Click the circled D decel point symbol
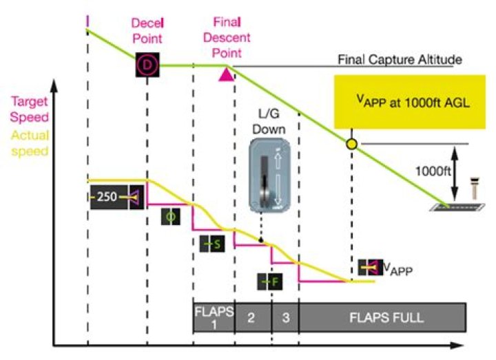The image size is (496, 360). [x=147, y=65]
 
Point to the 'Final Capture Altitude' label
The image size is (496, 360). [x=400, y=60]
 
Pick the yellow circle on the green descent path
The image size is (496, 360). [x=352, y=145]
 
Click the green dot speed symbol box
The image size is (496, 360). [x=170, y=218]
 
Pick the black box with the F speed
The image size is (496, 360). [x=271, y=281]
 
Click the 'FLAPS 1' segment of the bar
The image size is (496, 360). [x=214, y=318]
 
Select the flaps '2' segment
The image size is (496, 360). [x=252, y=318]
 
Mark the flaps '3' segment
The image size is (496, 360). [x=285, y=318]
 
